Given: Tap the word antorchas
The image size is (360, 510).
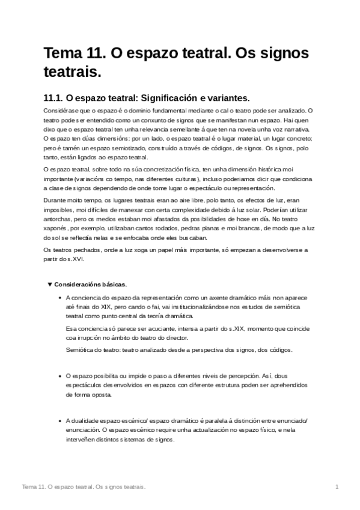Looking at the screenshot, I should (x=59, y=219).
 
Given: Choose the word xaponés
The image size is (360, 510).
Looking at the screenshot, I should (x=56, y=229).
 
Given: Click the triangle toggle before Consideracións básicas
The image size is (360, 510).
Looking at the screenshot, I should (x=49, y=284).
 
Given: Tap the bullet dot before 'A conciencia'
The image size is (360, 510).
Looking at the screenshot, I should (x=58, y=298).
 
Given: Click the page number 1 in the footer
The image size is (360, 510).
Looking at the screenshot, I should (x=337, y=486).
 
